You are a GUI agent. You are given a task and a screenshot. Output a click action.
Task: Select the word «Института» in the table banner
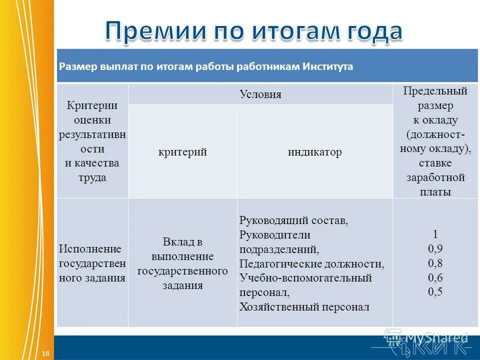tap(327, 66)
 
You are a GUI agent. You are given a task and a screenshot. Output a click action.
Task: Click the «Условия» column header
tap(260, 94)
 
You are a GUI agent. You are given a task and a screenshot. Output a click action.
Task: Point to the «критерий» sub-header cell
tap(182, 152)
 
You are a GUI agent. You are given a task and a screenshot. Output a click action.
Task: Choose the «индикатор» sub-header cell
tap(314, 152)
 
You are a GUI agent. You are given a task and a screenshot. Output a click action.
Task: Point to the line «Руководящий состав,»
tap(293, 220)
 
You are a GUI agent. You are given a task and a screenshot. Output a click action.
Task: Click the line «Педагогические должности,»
tap(312, 263)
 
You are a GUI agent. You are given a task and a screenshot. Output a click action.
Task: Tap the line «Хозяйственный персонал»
tap(304, 306)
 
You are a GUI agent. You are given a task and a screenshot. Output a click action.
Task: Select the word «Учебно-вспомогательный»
tap(305, 278)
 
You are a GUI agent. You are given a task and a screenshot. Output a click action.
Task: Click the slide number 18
tap(45, 353)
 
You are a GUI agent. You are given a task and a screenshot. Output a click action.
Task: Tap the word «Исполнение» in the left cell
tap(90, 248)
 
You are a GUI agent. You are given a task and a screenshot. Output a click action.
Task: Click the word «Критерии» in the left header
tap(92, 105)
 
